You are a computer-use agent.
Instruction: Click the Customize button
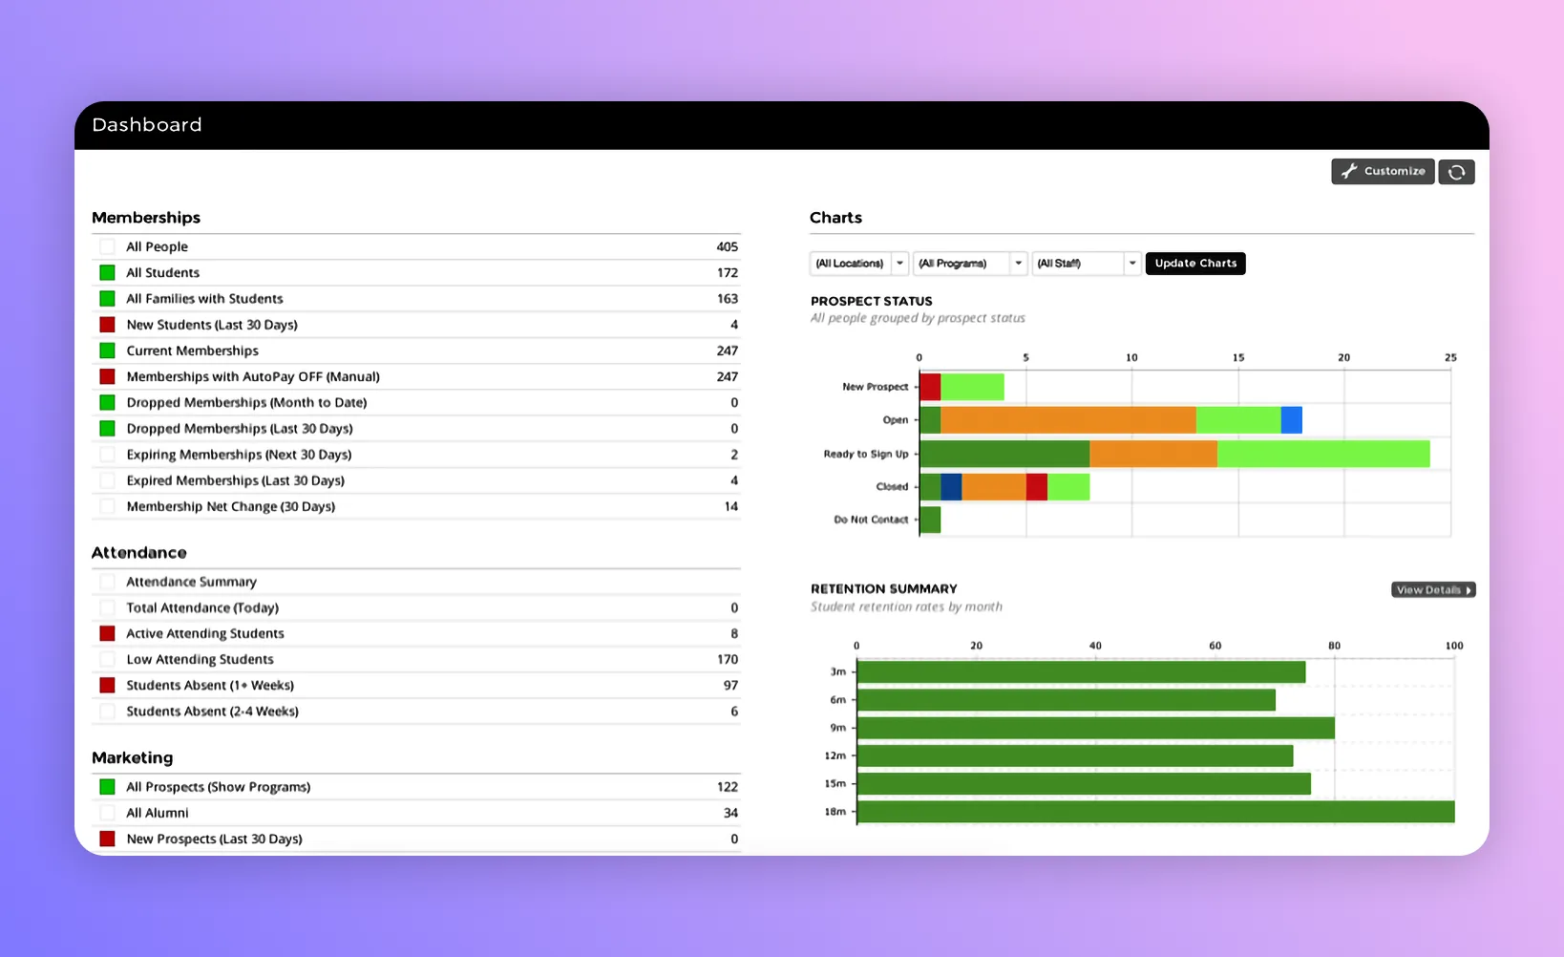1383,171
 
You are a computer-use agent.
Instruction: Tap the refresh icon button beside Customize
1456,172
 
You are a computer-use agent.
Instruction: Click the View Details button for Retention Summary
1433,590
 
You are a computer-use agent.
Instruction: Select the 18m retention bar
1155,812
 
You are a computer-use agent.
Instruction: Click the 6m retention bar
1067,700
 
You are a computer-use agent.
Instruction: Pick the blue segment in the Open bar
1291,420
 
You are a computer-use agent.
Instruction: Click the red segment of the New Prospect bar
930,387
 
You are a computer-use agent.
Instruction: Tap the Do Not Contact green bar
930,520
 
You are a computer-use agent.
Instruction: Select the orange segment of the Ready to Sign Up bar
1152,454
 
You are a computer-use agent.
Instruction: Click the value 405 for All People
727,246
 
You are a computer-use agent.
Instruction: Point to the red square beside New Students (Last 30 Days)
108,325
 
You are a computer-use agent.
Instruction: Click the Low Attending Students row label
200,659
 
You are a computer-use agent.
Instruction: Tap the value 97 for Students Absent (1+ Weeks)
730,685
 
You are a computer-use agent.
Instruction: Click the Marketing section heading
133,757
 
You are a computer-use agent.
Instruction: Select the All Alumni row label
158,813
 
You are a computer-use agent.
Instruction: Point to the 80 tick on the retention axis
1334,646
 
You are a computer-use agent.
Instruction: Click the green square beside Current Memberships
108,351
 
